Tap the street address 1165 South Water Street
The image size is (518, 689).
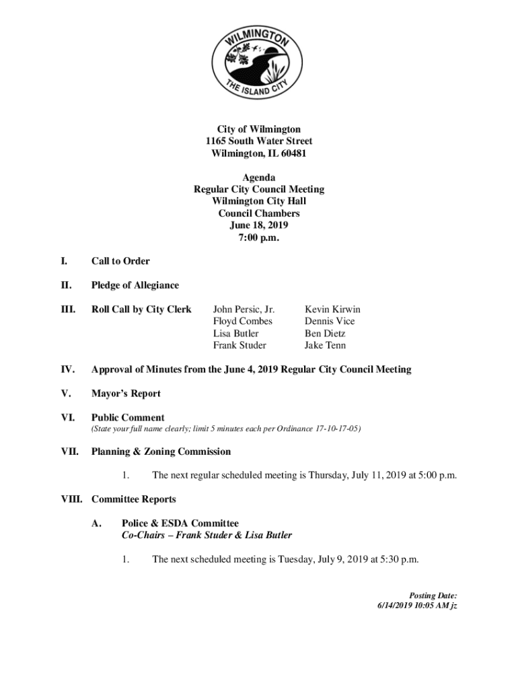pos(259,141)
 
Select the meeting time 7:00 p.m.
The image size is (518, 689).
pos(259,238)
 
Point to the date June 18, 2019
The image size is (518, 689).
pos(259,225)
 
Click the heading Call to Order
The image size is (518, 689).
pos(120,261)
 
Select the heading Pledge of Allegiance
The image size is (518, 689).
pos(135,285)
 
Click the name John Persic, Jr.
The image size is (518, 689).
pos(244,310)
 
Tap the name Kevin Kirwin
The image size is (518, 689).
pos(332,310)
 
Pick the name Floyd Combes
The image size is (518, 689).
pos(243,322)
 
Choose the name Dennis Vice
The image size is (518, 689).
pos(330,322)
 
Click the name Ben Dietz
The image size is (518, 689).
pos(325,334)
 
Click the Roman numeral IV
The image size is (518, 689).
pos(68,369)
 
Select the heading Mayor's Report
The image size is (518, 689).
pos(126,394)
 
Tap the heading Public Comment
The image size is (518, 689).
pos(128,418)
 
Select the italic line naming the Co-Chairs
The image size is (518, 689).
pos(207,536)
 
